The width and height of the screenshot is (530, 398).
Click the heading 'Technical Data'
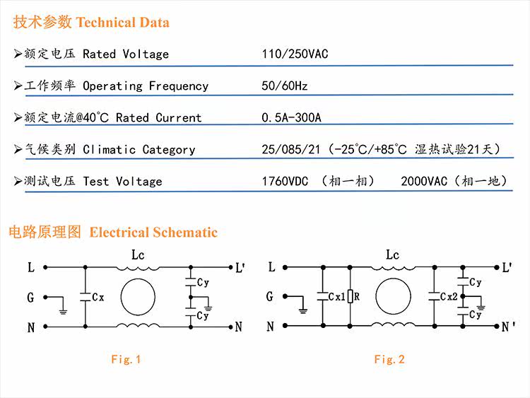122,23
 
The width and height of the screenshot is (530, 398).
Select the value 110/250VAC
295,54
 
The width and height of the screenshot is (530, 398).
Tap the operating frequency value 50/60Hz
284,86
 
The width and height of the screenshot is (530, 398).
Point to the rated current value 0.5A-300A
291,117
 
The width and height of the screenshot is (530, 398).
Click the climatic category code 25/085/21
290,149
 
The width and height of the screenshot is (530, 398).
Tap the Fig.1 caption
126,359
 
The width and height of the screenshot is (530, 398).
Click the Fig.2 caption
389,359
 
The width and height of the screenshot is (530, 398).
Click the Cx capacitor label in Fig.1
98,298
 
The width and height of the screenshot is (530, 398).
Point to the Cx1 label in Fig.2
337,298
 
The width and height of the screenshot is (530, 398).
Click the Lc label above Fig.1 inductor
138,255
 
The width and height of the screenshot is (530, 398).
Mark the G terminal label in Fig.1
30,298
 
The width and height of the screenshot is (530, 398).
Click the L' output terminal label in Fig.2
507,268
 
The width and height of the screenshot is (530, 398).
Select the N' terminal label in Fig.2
507,327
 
